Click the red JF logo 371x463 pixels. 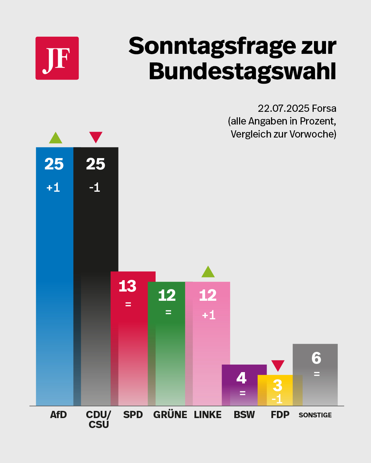click(57, 58)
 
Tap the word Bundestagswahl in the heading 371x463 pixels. click(243, 72)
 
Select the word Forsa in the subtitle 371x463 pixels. click(324, 108)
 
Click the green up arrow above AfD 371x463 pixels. click(56, 138)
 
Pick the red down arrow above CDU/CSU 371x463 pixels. click(96, 138)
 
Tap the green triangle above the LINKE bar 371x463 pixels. click(208, 272)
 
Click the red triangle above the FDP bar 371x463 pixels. click(278, 366)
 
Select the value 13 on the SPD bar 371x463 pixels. click(127, 286)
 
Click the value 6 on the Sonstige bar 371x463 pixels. click(316, 358)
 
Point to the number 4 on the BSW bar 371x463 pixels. click(241, 378)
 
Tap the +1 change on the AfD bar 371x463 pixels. click(53, 187)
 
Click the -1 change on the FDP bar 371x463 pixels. click(277, 399)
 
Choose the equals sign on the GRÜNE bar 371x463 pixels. click(168, 312)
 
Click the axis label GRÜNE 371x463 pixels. click(170, 415)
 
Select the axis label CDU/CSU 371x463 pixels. click(99, 419)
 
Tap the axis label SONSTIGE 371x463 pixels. click(315, 415)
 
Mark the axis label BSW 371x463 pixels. click(244, 415)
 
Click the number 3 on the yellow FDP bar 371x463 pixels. click(278, 385)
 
